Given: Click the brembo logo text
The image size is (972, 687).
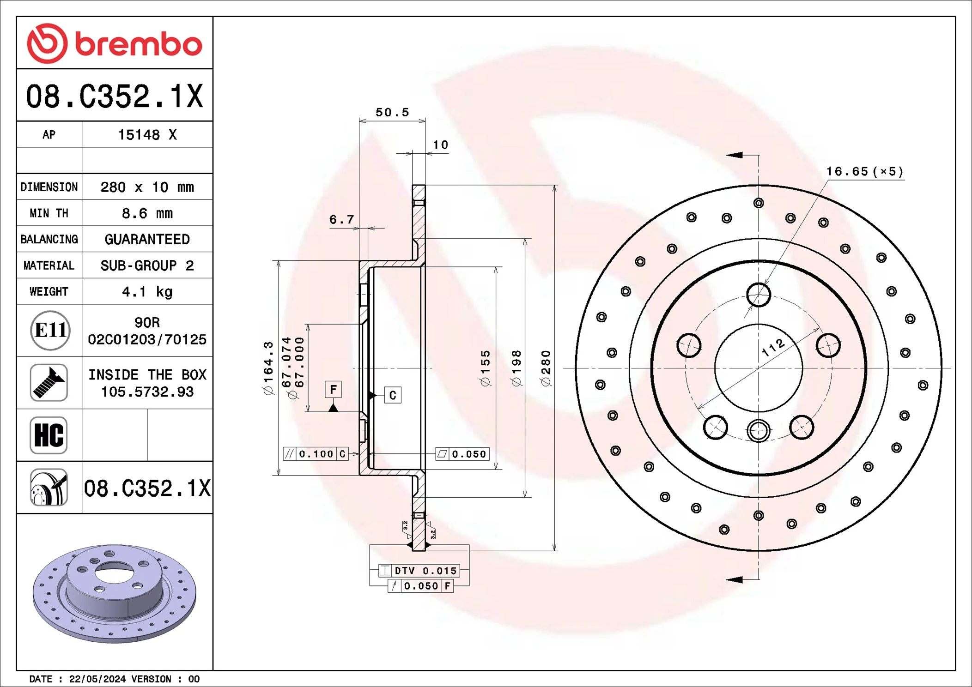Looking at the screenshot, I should tap(138, 44).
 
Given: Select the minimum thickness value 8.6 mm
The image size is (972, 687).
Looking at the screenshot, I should tap(147, 213).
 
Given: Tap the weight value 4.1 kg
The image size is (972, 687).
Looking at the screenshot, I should tap(147, 292).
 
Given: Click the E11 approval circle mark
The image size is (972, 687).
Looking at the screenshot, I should tap(50, 331).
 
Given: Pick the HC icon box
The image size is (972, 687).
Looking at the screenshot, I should tap(49, 435).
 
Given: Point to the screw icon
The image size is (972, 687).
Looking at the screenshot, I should tap(49, 383).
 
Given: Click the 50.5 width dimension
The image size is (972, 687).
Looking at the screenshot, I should tap(392, 112).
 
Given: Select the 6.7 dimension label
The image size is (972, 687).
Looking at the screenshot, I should tap(341, 219).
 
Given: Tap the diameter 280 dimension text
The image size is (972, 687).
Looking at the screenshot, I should tap(546, 368).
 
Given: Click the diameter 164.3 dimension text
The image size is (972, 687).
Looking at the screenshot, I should tap(268, 368).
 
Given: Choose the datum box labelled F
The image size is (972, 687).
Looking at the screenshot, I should tap(333, 389).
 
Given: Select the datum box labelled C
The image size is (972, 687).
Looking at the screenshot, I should tap(393, 395).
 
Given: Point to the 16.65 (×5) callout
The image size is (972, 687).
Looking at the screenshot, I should tap(864, 172).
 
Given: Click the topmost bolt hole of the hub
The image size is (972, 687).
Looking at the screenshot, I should tap(758, 295).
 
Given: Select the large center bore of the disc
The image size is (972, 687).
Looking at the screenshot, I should tap(758, 368).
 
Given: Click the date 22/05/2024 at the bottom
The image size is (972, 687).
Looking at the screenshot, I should tap(97, 679).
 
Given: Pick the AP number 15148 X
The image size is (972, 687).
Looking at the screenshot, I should tap(147, 135).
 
